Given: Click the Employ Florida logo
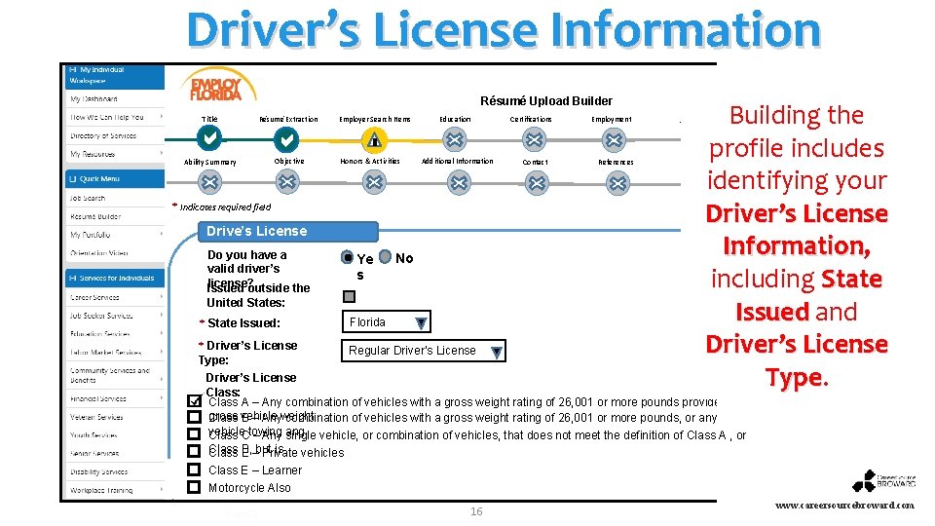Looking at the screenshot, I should click(x=215, y=86).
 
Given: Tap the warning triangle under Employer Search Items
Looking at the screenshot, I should click(x=374, y=139).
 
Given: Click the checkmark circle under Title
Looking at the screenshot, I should click(x=209, y=139).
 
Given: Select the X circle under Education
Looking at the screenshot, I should click(x=455, y=139).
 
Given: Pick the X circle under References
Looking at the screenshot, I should click(x=617, y=182).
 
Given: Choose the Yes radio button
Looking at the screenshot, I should click(x=348, y=258).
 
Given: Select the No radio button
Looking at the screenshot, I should click(x=386, y=257).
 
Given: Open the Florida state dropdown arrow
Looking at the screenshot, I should click(x=420, y=323).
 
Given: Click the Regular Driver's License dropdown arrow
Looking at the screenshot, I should click(x=497, y=352).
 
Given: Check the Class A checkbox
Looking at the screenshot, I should click(x=194, y=401).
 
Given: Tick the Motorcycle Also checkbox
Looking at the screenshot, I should click(x=194, y=487).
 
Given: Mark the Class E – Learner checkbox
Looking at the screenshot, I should click(x=194, y=470).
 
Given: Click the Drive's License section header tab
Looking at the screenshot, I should click(x=256, y=231).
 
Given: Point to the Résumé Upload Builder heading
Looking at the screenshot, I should click(x=546, y=100).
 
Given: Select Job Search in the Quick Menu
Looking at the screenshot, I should click(x=88, y=198).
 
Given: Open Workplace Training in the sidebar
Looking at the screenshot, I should click(x=100, y=490).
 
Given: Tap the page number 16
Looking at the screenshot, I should click(x=476, y=511).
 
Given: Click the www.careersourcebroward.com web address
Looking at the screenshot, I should click(x=845, y=506).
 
